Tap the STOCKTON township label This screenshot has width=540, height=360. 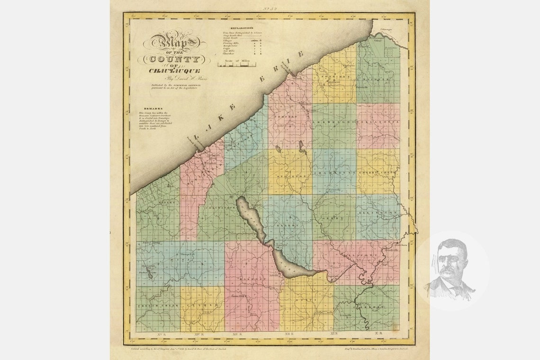tap(290, 176)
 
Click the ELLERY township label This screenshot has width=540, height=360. tap(287, 226)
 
